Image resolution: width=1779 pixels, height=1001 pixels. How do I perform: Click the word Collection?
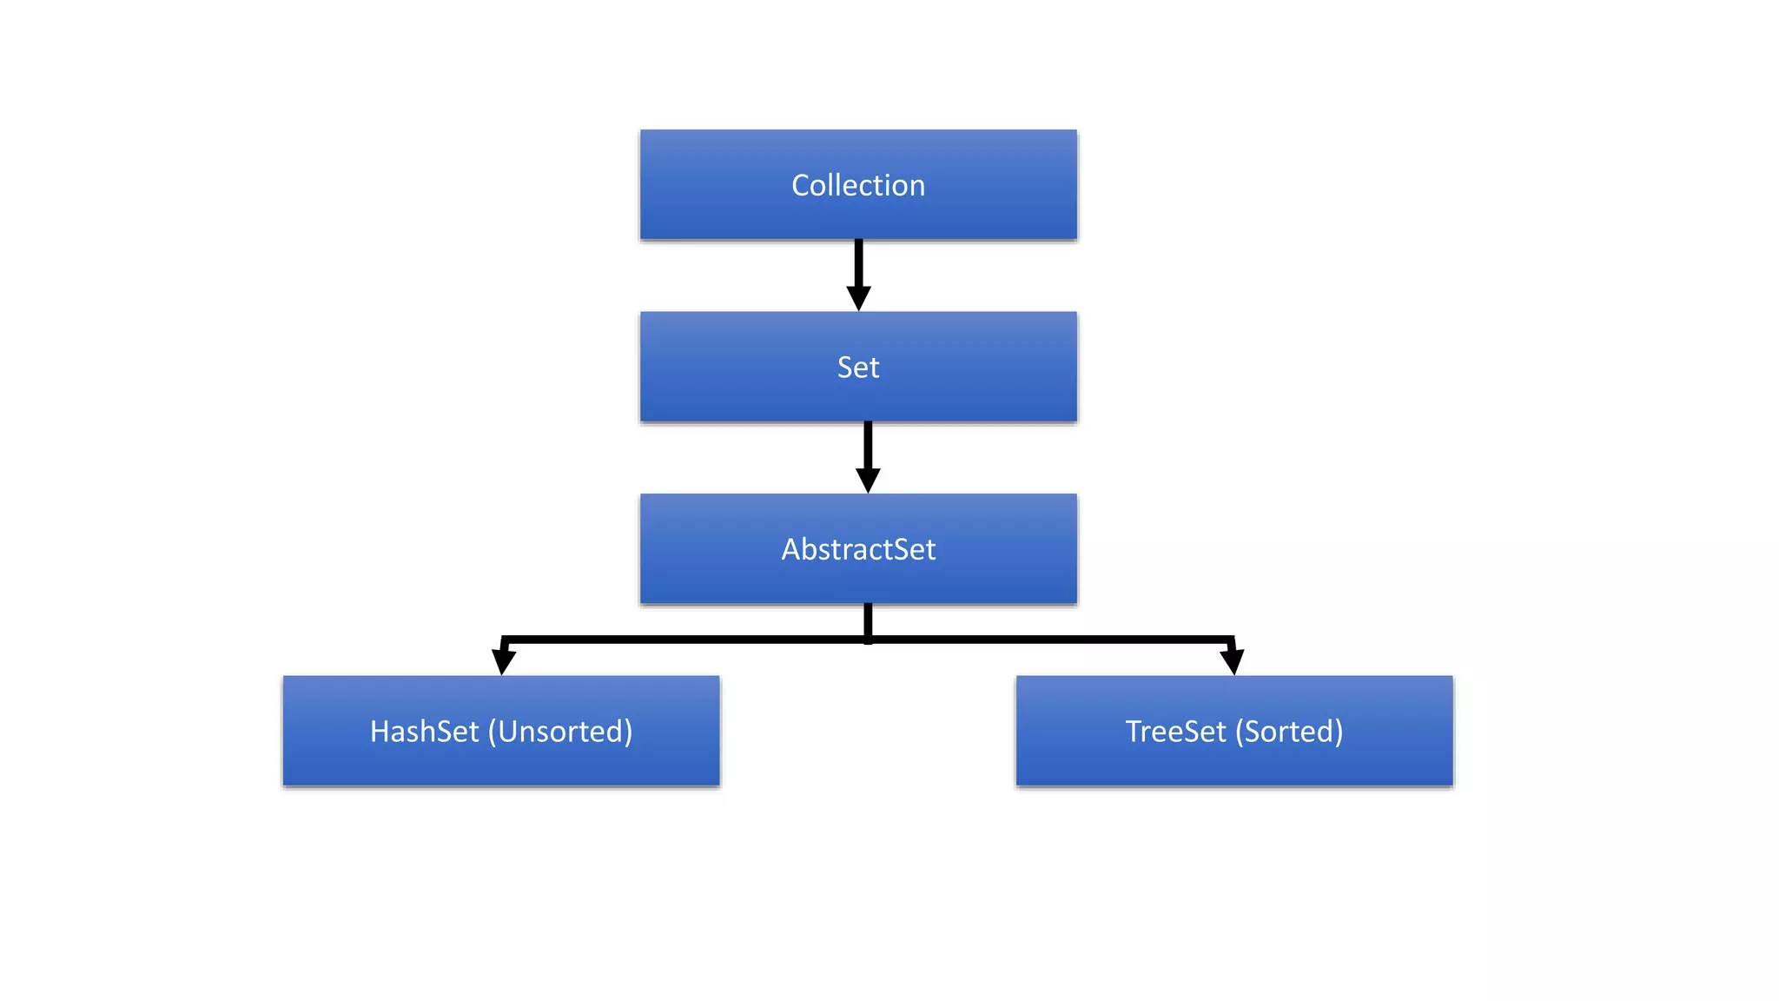[x=858, y=185]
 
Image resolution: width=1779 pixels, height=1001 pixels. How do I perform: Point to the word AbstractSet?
[x=858, y=549]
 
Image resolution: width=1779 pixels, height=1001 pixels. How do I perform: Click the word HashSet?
[x=424, y=732]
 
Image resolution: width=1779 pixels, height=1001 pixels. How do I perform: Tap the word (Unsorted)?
[x=560, y=732]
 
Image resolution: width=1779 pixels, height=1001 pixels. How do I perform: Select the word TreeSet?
[x=1175, y=732]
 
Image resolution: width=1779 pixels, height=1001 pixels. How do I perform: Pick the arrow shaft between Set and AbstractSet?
[x=868, y=445]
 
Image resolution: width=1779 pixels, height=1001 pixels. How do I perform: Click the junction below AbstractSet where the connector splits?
[x=868, y=640]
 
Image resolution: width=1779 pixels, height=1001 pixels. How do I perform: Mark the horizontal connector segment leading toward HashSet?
[x=686, y=640]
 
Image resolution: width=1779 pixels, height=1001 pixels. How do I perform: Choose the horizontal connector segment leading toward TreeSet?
[x=1051, y=640]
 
